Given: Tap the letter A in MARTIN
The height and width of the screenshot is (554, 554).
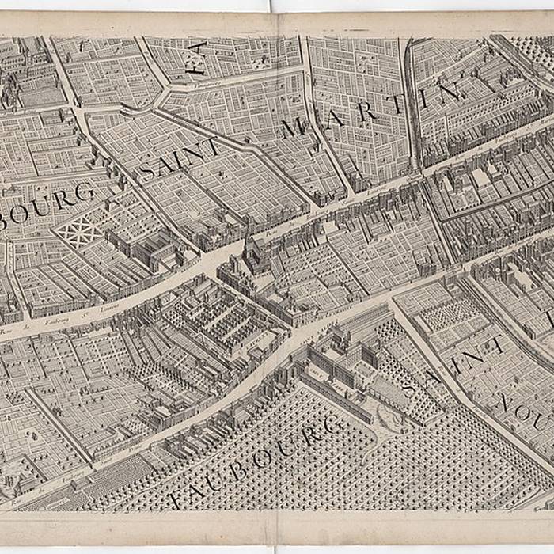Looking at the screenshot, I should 331,116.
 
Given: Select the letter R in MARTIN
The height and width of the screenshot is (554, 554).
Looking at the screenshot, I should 366,109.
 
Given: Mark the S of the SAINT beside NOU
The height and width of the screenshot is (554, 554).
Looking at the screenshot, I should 409,387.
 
